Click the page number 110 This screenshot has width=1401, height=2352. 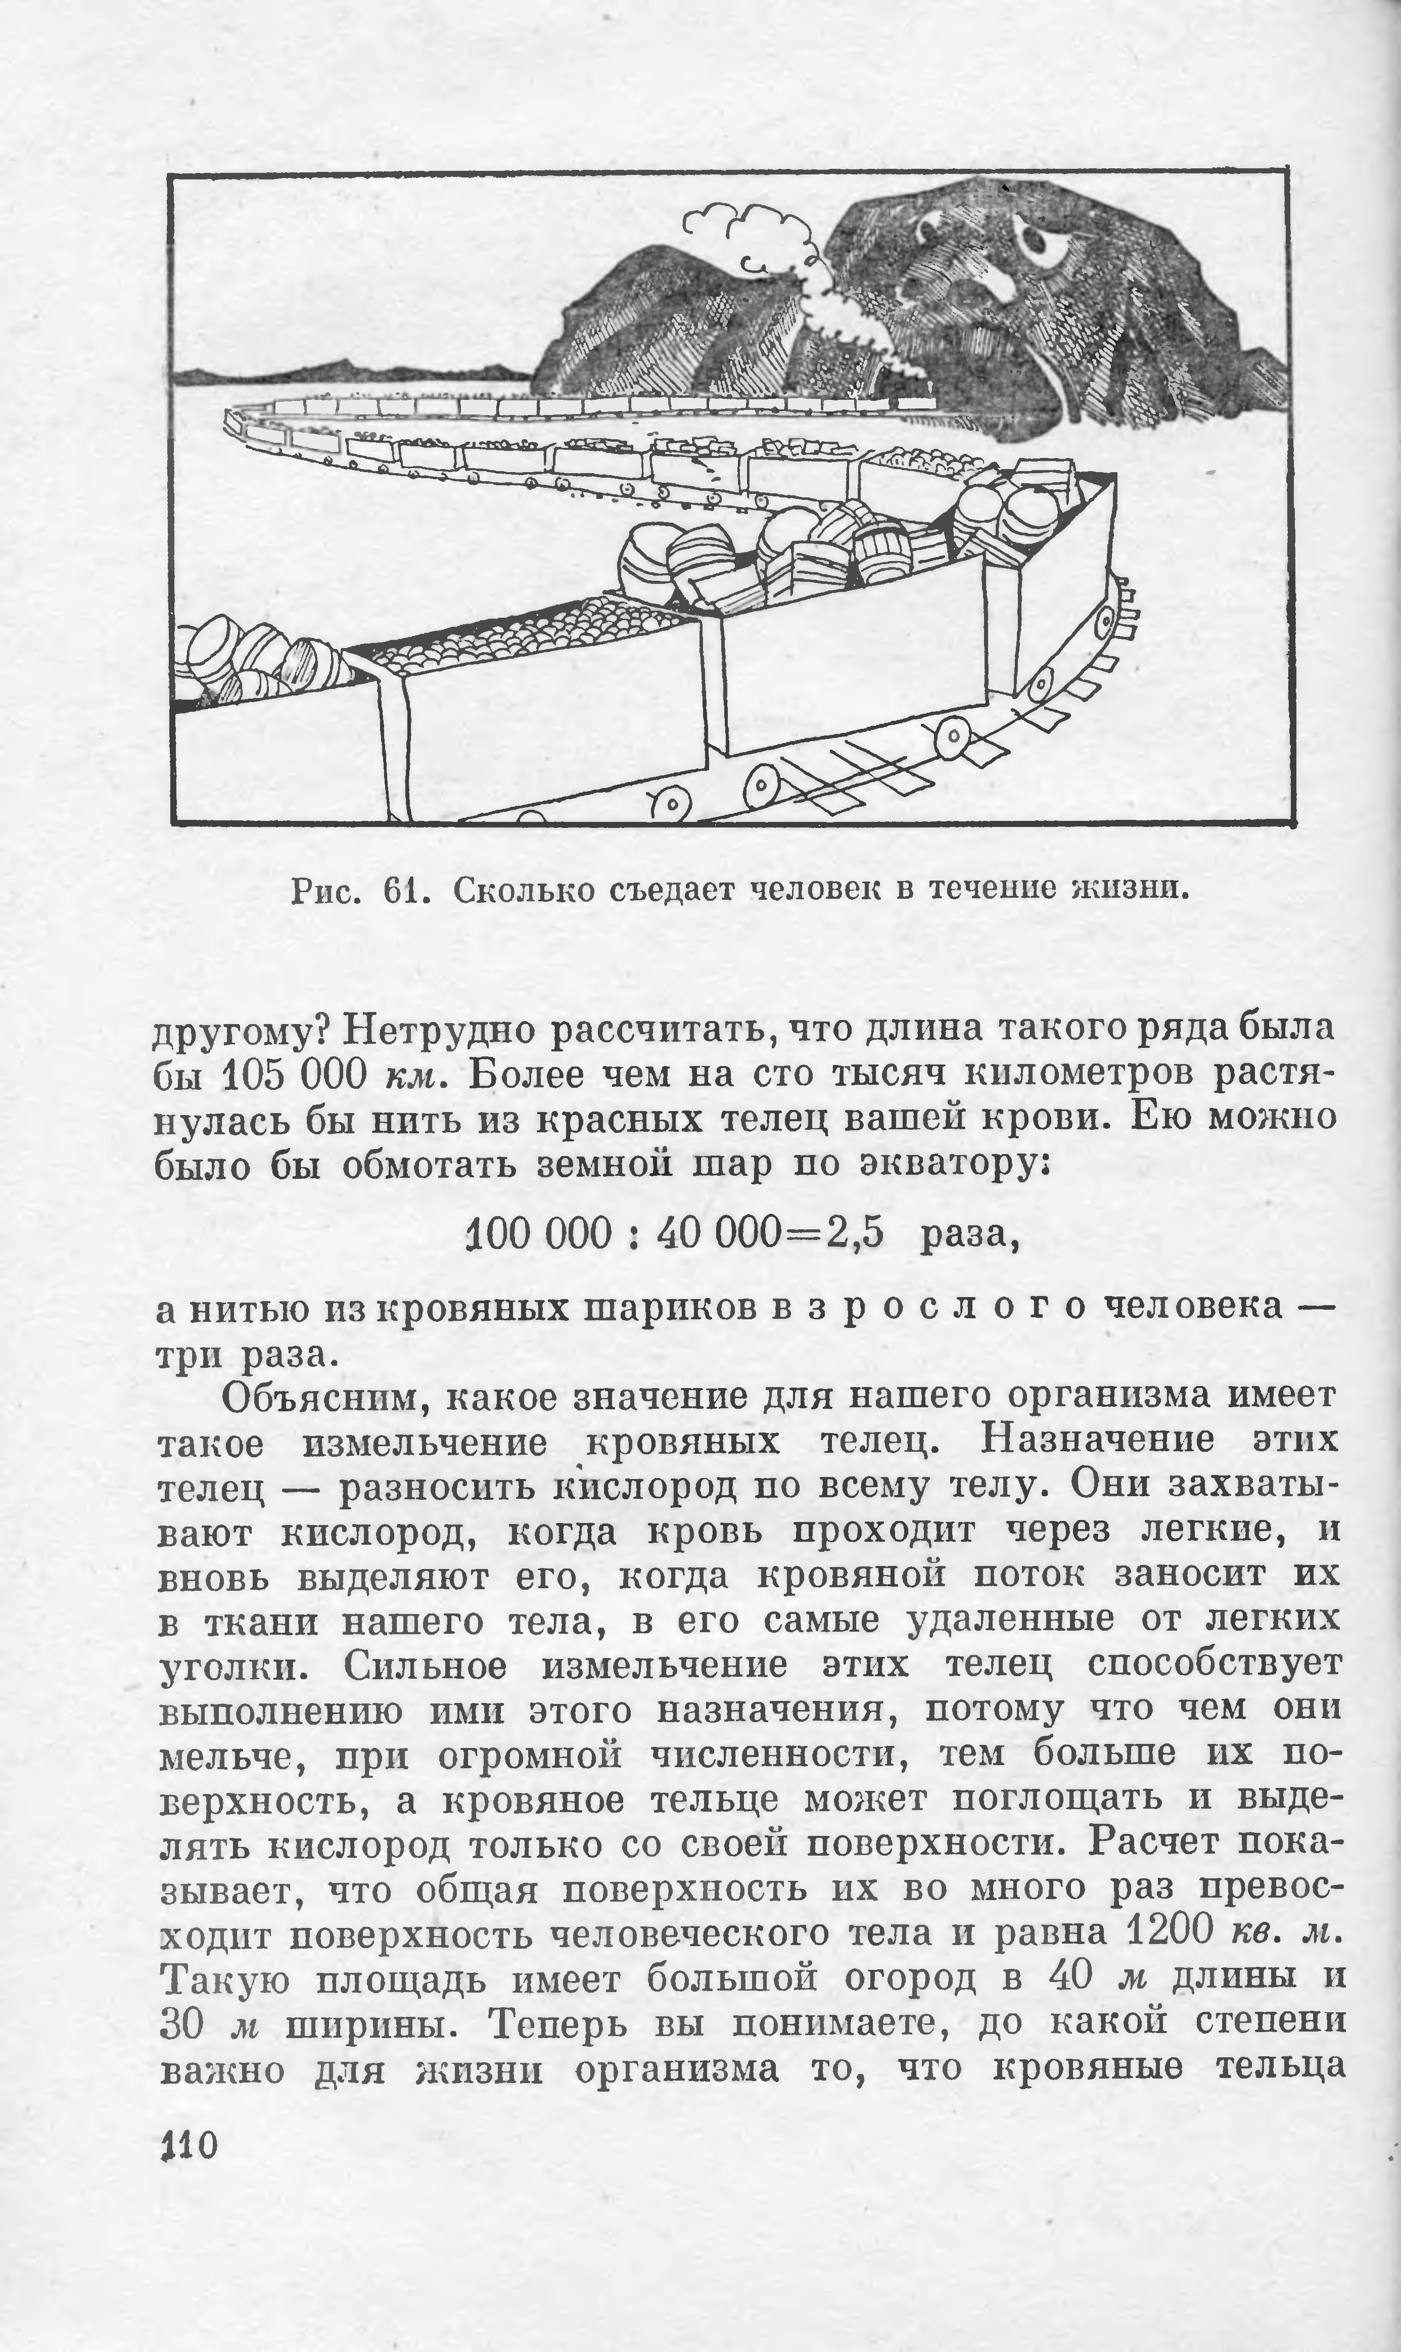(x=190, y=2270)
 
